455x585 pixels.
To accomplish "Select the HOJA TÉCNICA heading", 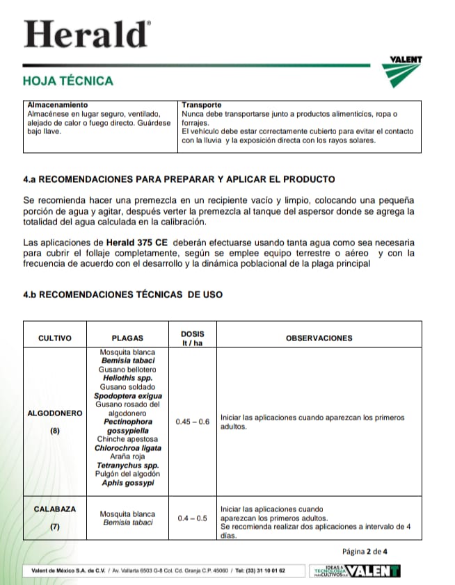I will point(68,81).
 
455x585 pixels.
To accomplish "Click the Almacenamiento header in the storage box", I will point(57,105).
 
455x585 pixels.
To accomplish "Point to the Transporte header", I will point(202,105).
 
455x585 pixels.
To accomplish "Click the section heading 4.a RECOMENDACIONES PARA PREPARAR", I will point(179,179).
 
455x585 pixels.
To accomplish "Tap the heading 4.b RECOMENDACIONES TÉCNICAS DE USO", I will point(123,295).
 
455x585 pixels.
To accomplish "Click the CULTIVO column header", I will point(55,338).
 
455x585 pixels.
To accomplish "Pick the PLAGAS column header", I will point(127,338).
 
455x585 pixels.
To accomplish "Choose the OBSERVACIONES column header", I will point(319,338).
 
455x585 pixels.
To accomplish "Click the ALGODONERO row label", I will point(55,413).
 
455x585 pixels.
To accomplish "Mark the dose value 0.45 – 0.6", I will point(193,422).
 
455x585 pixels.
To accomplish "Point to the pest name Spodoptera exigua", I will point(127,396).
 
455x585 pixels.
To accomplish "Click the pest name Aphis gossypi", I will point(127,482).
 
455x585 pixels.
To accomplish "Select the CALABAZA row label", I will point(55,509).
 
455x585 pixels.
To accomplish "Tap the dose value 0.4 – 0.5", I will point(193,518).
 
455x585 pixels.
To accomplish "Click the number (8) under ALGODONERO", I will point(55,431).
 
